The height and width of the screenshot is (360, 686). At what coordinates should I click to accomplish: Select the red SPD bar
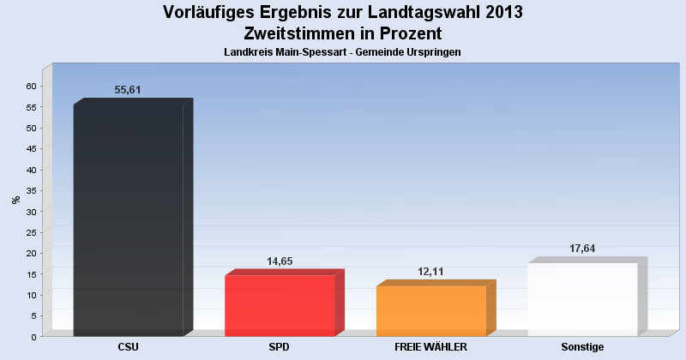tap(280, 305)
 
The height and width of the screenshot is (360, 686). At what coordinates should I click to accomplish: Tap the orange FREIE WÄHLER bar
tap(431, 310)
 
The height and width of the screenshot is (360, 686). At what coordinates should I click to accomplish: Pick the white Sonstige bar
tap(582, 299)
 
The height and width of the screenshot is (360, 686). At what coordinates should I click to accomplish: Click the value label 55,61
tap(128, 90)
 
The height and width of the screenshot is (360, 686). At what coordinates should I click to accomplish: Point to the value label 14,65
tap(280, 261)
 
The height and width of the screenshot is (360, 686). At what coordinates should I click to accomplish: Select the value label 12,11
tap(431, 272)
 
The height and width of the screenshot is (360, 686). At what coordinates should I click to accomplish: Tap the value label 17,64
tap(582, 249)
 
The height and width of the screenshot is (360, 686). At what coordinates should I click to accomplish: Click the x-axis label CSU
tap(129, 347)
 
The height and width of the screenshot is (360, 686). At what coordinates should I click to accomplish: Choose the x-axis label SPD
tap(280, 347)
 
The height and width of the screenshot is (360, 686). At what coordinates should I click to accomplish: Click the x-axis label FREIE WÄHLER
tap(430, 347)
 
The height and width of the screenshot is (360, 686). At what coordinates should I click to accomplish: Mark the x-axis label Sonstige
tap(582, 347)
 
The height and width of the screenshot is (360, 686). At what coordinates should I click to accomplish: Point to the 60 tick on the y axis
tap(30, 86)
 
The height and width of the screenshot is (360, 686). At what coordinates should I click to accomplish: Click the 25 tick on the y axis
tap(30, 232)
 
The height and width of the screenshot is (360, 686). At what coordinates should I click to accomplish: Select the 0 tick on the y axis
tap(33, 337)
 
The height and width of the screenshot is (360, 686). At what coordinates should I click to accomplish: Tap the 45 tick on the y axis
tap(30, 148)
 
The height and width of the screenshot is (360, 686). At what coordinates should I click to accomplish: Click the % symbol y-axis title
tap(15, 200)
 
